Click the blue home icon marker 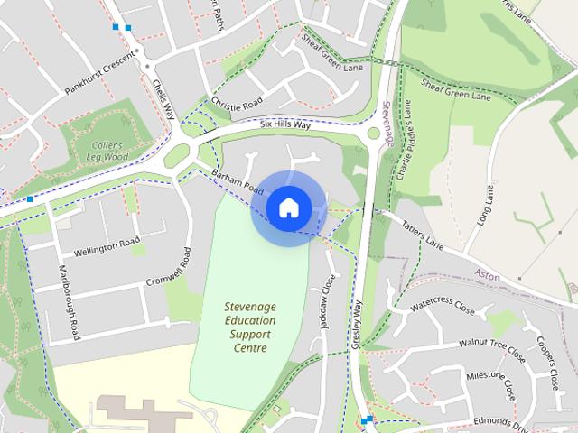pyautogui.click(x=288, y=208)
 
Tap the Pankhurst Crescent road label pyautogui.click(x=100, y=77)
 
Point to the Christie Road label pyautogui.click(x=237, y=106)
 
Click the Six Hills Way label pyautogui.click(x=284, y=125)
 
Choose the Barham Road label pyautogui.click(x=237, y=181)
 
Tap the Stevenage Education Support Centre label pyautogui.click(x=250, y=327)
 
